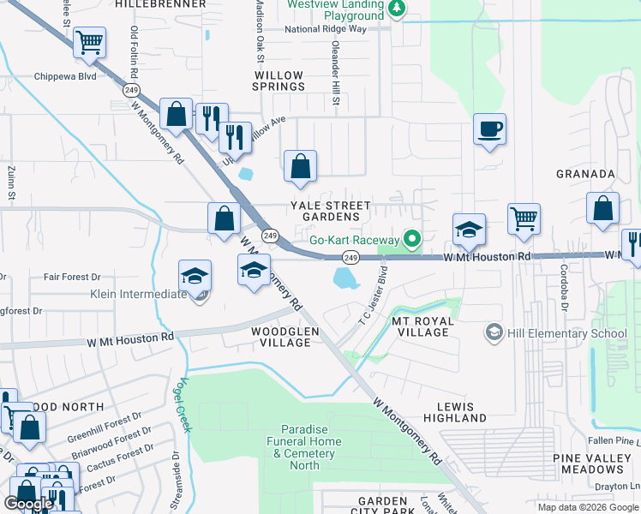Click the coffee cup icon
(x=489, y=130)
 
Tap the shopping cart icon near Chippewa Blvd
(x=89, y=42)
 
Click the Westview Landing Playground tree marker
(x=396, y=9)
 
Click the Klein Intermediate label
(x=138, y=295)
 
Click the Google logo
(x=28, y=503)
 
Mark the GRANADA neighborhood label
(x=585, y=174)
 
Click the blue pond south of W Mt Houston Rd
(x=344, y=277)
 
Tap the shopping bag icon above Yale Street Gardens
(x=301, y=168)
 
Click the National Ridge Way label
(x=325, y=28)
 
